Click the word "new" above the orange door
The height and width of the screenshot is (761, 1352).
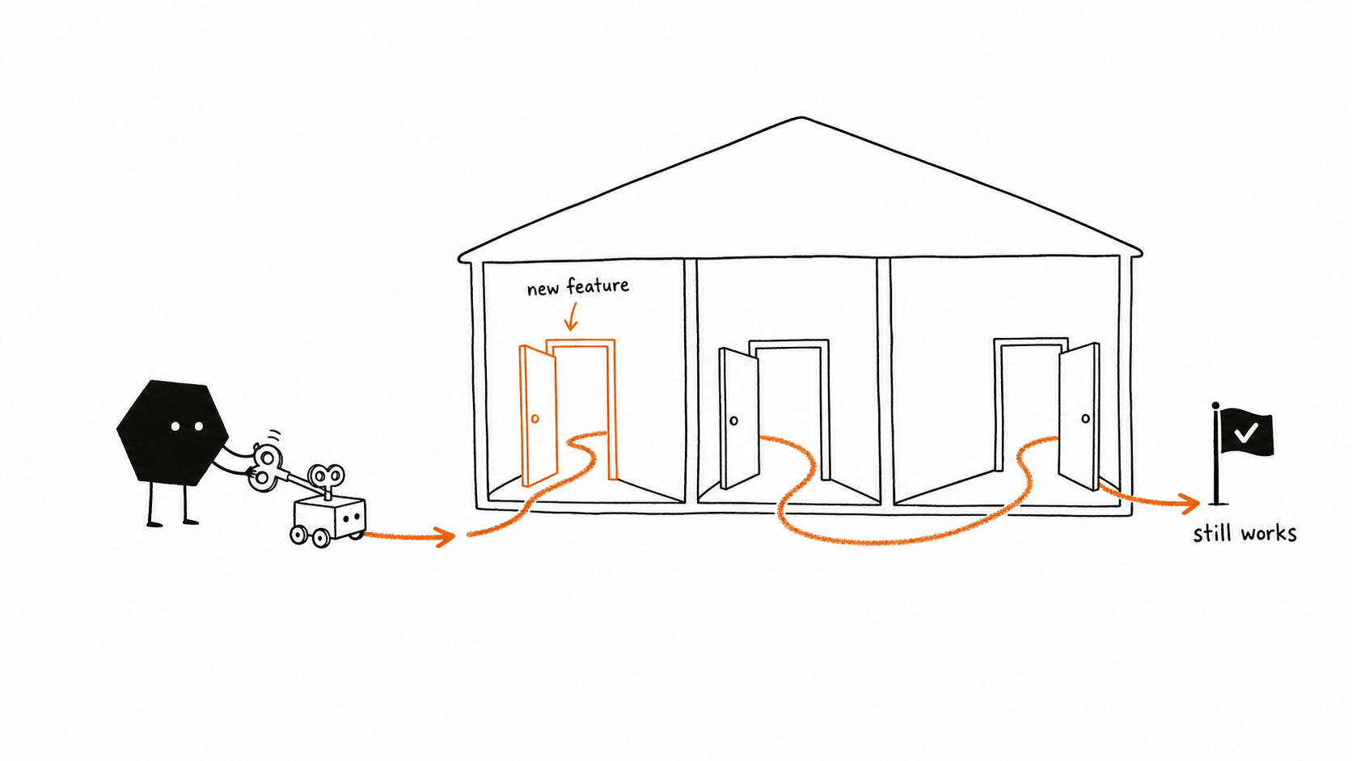(x=542, y=290)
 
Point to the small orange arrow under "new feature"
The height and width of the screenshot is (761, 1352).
(x=571, y=317)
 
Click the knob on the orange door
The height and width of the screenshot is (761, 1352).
(x=534, y=418)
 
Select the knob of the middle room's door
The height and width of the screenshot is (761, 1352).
(x=734, y=421)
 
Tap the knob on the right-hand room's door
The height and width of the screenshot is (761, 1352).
(x=1085, y=418)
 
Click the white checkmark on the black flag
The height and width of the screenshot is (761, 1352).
(x=1246, y=432)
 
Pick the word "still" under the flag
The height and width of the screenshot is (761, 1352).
(x=1209, y=534)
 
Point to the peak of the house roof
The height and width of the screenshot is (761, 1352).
(x=801, y=118)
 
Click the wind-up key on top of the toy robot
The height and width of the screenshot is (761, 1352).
(x=327, y=480)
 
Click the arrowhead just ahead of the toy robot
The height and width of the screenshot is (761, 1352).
(x=446, y=536)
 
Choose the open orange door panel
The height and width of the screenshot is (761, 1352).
(x=538, y=416)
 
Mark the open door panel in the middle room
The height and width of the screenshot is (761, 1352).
(x=739, y=418)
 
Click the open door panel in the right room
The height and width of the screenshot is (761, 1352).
(x=1079, y=416)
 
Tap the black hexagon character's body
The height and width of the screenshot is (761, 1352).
(x=172, y=432)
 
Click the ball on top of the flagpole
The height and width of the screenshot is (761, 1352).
(x=1215, y=405)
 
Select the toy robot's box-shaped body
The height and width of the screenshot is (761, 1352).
(x=330, y=518)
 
